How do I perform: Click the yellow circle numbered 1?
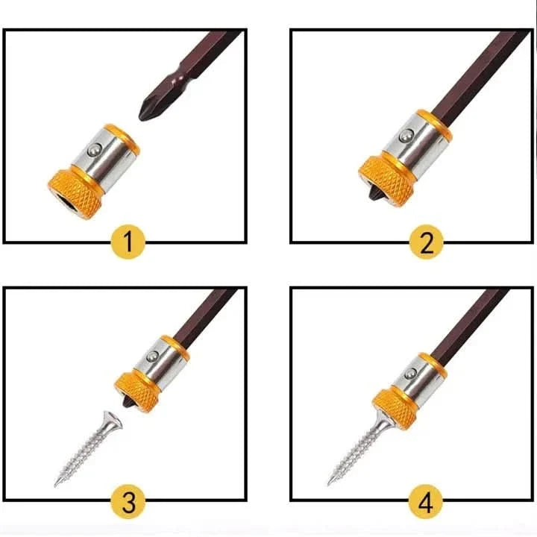tap(128, 242)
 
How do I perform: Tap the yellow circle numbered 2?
tap(427, 242)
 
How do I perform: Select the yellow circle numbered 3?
tap(128, 502)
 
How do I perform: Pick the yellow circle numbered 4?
tap(426, 502)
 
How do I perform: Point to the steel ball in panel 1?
tap(94, 150)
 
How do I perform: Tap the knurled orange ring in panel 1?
tap(75, 194)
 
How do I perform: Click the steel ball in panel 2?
tap(406, 136)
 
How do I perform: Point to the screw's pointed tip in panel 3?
tap(55, 485)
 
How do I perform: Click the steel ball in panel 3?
tap(153, 357)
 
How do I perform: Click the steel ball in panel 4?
tap(410, 374)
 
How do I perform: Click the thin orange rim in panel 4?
tap(433, 367)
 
